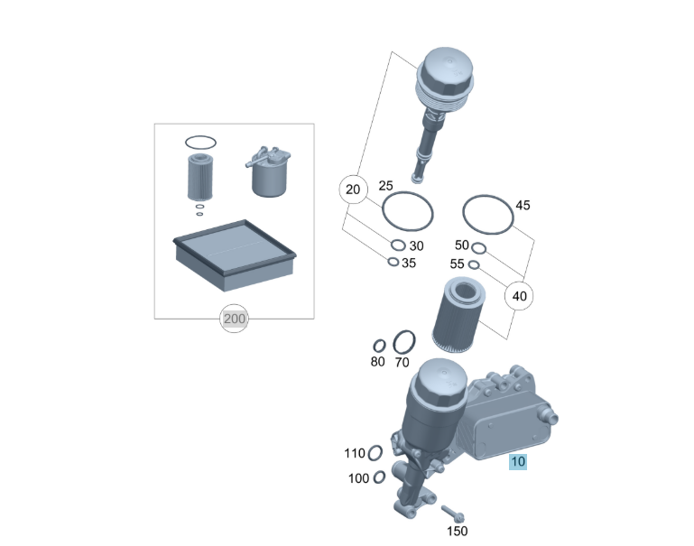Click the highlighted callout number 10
518,462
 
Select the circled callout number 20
353,190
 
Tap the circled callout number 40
519,296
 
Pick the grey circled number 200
234,319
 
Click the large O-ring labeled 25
383,211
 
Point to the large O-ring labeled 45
464,214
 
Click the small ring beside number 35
388,262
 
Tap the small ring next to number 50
473,248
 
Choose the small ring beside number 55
469,264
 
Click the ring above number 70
394,341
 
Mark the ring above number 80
375,346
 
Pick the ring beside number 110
369,453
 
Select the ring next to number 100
375,477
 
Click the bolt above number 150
452,514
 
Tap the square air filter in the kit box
234,254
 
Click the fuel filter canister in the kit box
268,172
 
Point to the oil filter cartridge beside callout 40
458,315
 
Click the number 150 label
458,531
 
